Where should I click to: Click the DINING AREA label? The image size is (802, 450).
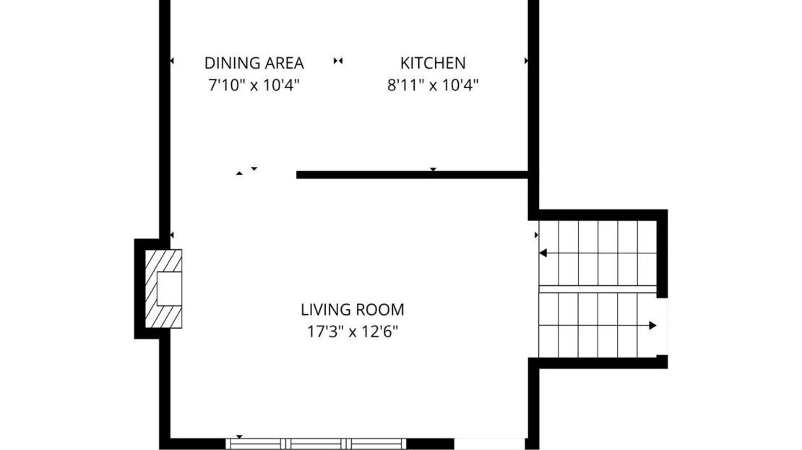point(254,63)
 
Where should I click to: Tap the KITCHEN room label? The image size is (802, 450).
point(433,63)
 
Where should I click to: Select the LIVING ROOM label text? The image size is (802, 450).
point(353,309)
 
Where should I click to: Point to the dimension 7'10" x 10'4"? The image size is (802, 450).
point(254,85)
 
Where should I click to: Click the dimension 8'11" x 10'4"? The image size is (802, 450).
point(433,85)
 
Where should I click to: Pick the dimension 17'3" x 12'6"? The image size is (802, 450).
point(353,332)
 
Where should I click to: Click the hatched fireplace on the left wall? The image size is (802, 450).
point(164,288)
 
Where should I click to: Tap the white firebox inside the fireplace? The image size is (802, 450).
point(169,289)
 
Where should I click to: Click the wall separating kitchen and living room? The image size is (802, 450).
point(413,175)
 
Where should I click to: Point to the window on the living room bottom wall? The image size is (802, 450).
point(316,443)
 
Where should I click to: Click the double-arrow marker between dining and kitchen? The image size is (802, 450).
point(338,61)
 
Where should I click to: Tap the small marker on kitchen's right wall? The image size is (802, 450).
point(526,61)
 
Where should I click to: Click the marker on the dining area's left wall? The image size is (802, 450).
point(172,61)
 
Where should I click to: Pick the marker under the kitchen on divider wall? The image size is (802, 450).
point(433,169)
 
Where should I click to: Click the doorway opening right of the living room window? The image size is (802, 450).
point(490,443)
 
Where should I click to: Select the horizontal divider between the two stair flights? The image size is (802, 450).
point(598,290)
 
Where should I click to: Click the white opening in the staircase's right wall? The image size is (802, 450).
point(662,326)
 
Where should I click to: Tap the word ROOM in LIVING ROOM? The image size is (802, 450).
point(380,309)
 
